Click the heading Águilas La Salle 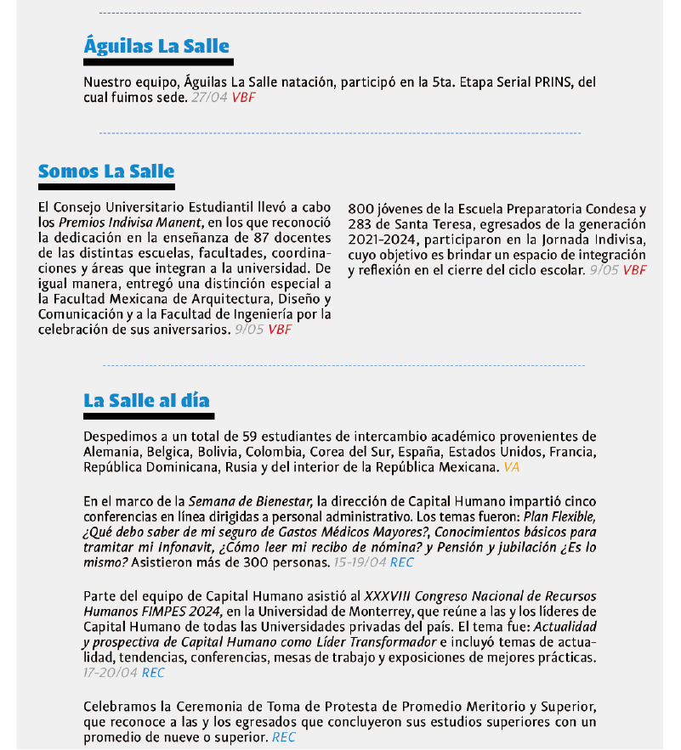click(x=156, y=46)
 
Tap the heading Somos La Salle click(x=106, y=172)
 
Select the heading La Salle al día click(x=146, y=400)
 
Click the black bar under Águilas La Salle click(x=158, y=62)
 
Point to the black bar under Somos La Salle click(x=106, y=186)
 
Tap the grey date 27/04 click(x=209, y=98)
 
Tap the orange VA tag click(x=511, y=467)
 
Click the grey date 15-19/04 click(x=360, y=562)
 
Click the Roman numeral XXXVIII click(x=389, y=595)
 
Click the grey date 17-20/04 click(x=111, y=673)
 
